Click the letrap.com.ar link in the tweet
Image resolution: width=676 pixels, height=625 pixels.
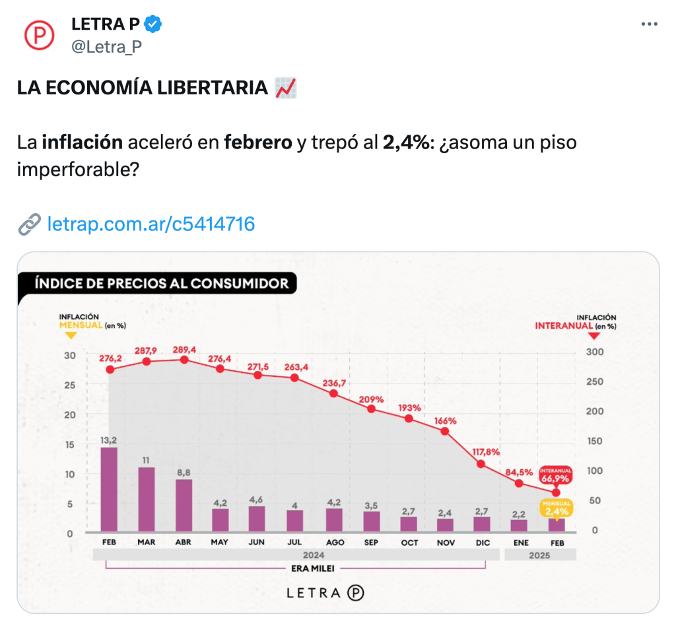151,224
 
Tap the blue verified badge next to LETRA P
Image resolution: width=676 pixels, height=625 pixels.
154,24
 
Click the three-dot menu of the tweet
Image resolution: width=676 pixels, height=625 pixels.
650,24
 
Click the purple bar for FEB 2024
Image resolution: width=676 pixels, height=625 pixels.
109,489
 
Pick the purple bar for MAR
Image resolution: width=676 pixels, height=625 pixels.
147,499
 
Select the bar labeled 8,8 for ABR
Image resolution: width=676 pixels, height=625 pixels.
184,505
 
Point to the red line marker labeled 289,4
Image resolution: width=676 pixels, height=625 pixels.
184,360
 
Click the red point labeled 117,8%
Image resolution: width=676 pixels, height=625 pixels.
481,464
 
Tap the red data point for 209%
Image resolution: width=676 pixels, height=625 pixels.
371,409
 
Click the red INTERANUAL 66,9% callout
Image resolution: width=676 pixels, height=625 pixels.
555,475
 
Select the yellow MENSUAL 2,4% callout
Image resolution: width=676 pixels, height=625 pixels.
557,508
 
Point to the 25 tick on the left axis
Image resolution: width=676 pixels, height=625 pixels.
69,385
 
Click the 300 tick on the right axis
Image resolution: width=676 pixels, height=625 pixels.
593,352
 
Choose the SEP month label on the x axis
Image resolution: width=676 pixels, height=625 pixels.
372,543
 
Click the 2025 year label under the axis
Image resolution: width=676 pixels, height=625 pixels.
539,555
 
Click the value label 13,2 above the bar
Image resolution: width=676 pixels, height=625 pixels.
109,440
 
